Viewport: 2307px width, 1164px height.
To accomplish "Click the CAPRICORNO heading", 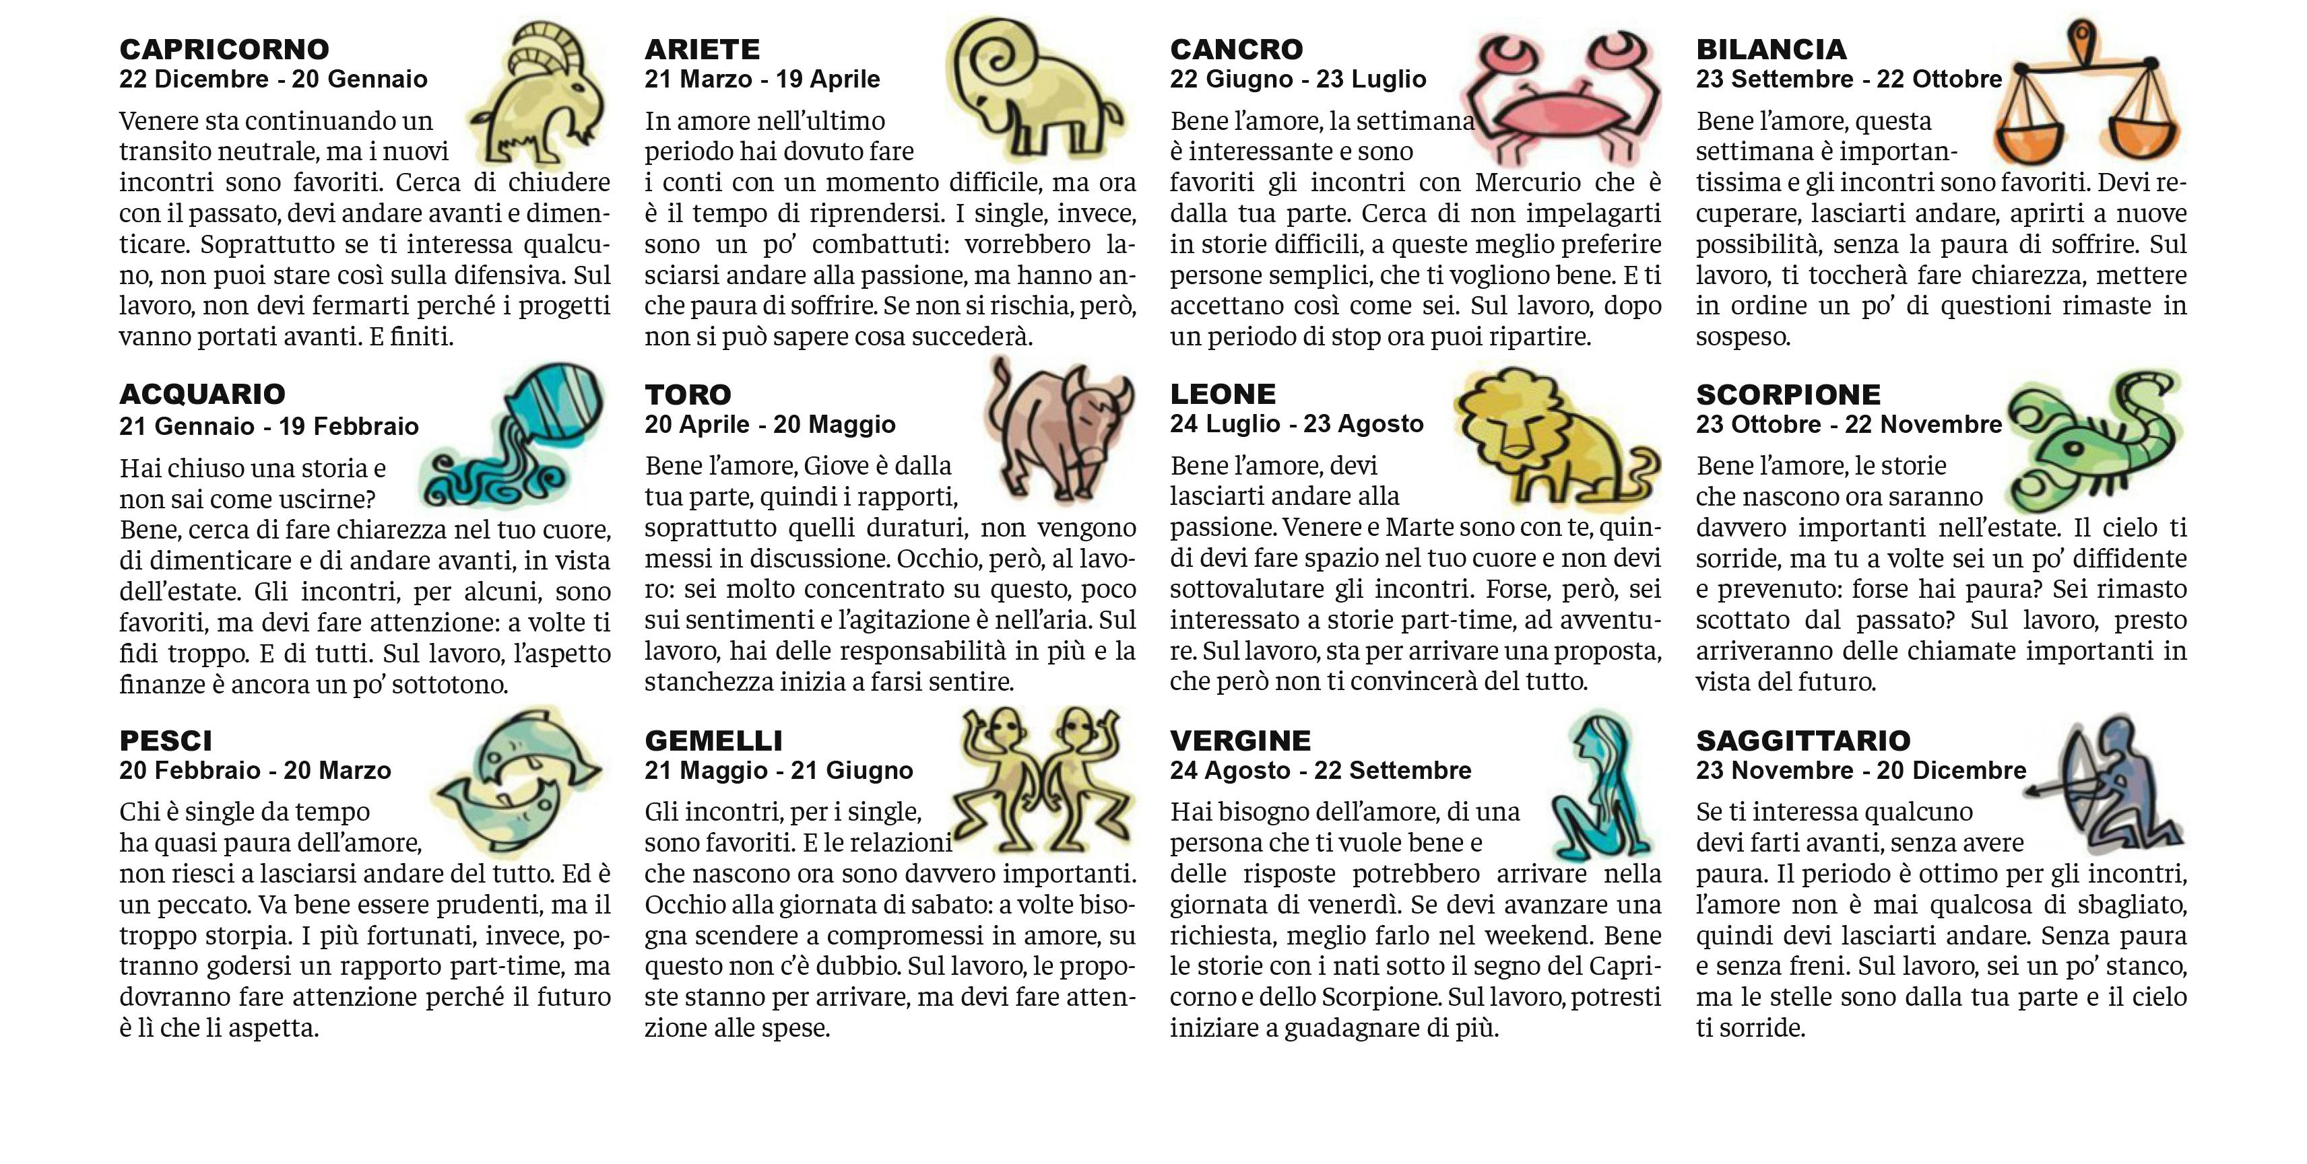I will click(x=224, y=49).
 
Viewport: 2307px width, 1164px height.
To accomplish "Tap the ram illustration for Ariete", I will click(x=1030, y=90).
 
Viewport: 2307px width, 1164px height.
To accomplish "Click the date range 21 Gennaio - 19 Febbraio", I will click(x=269, y=426).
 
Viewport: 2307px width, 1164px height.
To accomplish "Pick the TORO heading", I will click(x=688, y=395).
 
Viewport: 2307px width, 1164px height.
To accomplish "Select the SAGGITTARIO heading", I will click(x=1802, y=741).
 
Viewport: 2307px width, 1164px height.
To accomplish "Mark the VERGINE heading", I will click(x=1240, y=741).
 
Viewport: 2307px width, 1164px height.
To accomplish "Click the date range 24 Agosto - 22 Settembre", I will click(x=1320, y=771).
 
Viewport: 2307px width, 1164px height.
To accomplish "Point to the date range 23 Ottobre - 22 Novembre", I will click(x=1848, y=424).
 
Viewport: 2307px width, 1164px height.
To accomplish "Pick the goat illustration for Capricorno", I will click(x=538, y=94).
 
